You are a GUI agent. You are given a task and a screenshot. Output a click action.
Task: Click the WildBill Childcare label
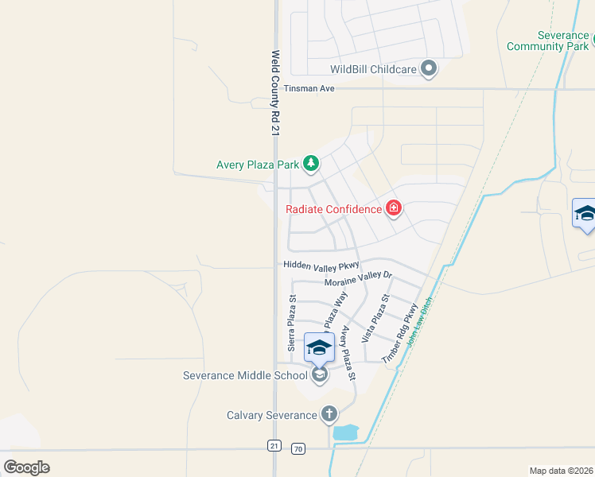click(373, 69)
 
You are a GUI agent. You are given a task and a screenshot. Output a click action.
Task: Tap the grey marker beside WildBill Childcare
click(430, 68)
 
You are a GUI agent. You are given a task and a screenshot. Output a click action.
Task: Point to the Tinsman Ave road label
click(309, 88)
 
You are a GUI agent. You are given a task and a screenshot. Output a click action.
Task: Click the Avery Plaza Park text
click(258, 165)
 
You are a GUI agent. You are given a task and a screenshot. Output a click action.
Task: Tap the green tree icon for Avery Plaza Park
click(311, 165)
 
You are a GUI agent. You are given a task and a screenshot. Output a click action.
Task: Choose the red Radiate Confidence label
click(333, 209)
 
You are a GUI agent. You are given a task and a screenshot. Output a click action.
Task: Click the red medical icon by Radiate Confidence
click(393, 209)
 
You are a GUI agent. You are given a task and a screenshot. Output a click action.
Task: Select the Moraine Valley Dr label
click(359, 279)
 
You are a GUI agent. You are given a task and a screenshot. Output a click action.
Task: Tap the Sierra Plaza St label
click(292, 324)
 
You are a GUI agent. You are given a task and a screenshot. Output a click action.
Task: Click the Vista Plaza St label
click(375, 318)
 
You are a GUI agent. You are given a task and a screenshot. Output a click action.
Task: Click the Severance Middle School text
click(245, 375)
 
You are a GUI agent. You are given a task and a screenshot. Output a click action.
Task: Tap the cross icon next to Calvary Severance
click(329, 414)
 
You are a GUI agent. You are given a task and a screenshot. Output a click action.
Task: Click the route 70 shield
click(298, 449)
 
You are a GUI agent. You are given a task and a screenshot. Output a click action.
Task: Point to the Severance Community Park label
click(547, 41)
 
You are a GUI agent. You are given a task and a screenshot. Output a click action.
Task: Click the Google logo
click(27, 467)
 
